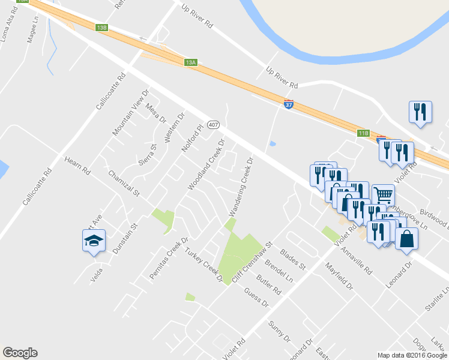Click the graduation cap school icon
[94, 241]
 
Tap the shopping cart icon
[383, 194]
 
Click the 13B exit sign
[101, 28]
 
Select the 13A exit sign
[191, 62]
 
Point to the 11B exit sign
[363, 133]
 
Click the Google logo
[20, 353]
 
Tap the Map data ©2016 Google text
[412, 355]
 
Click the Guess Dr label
[256, 298]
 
